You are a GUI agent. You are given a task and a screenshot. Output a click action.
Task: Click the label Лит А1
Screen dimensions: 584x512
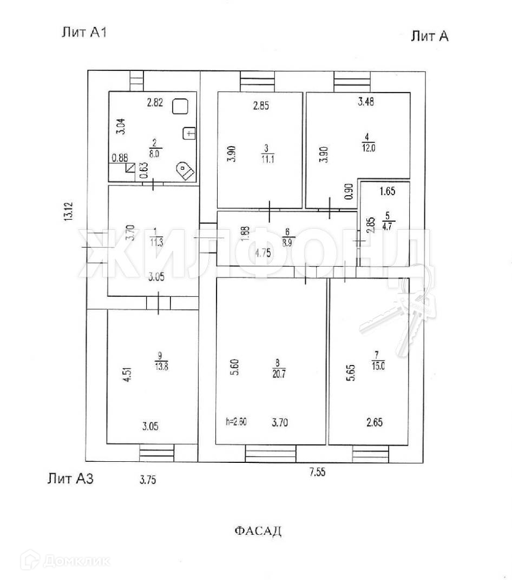pos(84,32)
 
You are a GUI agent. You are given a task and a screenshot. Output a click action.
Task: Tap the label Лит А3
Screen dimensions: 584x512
pos(70,477)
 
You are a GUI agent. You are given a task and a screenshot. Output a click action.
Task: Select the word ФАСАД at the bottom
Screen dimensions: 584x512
pos(258,530)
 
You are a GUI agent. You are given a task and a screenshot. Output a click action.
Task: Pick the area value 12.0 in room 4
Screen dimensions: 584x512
pos(370,150)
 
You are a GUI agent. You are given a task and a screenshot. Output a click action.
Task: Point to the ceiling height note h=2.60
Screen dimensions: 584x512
pos(237,422)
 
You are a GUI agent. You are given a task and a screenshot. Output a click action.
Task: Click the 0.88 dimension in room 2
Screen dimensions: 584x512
pos(119,158)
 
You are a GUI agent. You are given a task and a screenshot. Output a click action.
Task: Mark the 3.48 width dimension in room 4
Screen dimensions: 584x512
pos(366,101)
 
